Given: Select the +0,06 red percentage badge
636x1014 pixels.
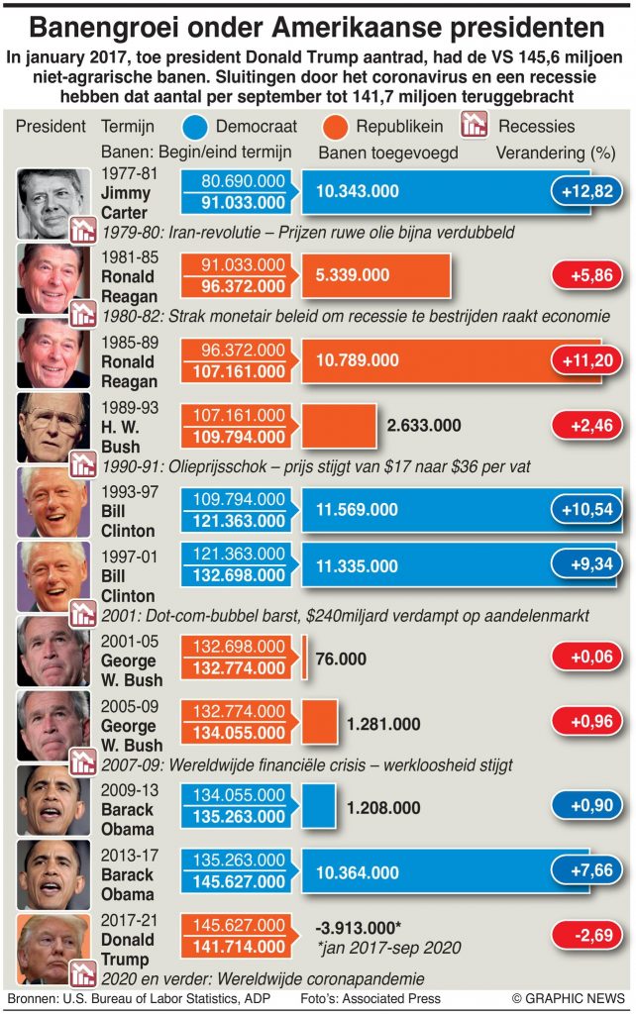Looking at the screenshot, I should (586, 658).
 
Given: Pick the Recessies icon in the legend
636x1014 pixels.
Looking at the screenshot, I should (477, 126).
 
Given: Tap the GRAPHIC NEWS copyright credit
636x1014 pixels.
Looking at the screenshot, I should (568, 998).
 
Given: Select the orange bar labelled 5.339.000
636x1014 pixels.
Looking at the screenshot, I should (376, 274).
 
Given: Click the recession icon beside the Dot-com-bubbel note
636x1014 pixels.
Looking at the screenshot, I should (82, 612).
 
